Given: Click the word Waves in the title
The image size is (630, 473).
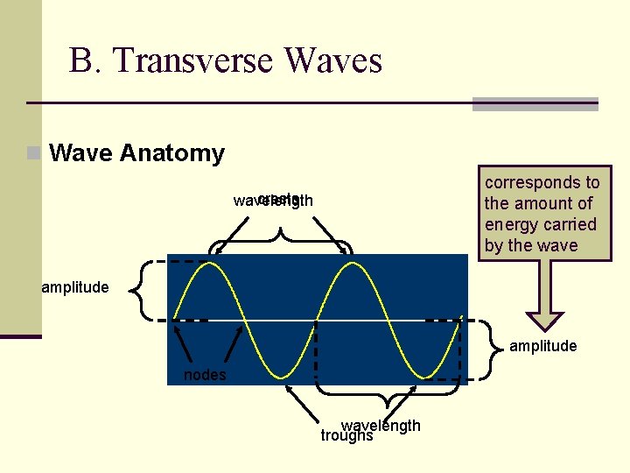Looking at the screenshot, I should point(333,60).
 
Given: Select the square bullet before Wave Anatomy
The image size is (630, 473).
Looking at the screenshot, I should point(33,153).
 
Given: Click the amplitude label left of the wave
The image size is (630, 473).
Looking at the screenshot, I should point(75,287).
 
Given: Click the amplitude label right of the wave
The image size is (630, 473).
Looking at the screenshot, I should point(542,346).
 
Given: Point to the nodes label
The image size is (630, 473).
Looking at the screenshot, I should point(205,375).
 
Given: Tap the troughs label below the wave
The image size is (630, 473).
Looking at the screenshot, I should point(346,435).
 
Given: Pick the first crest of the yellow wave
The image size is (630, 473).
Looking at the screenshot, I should point(211,264).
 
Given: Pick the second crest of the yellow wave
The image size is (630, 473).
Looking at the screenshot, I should point(351,264).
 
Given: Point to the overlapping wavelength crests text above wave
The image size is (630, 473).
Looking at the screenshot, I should point(273,201).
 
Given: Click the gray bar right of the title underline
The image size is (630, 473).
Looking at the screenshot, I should point(535,103).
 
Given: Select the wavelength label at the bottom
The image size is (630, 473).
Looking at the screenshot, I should point(381,426).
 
